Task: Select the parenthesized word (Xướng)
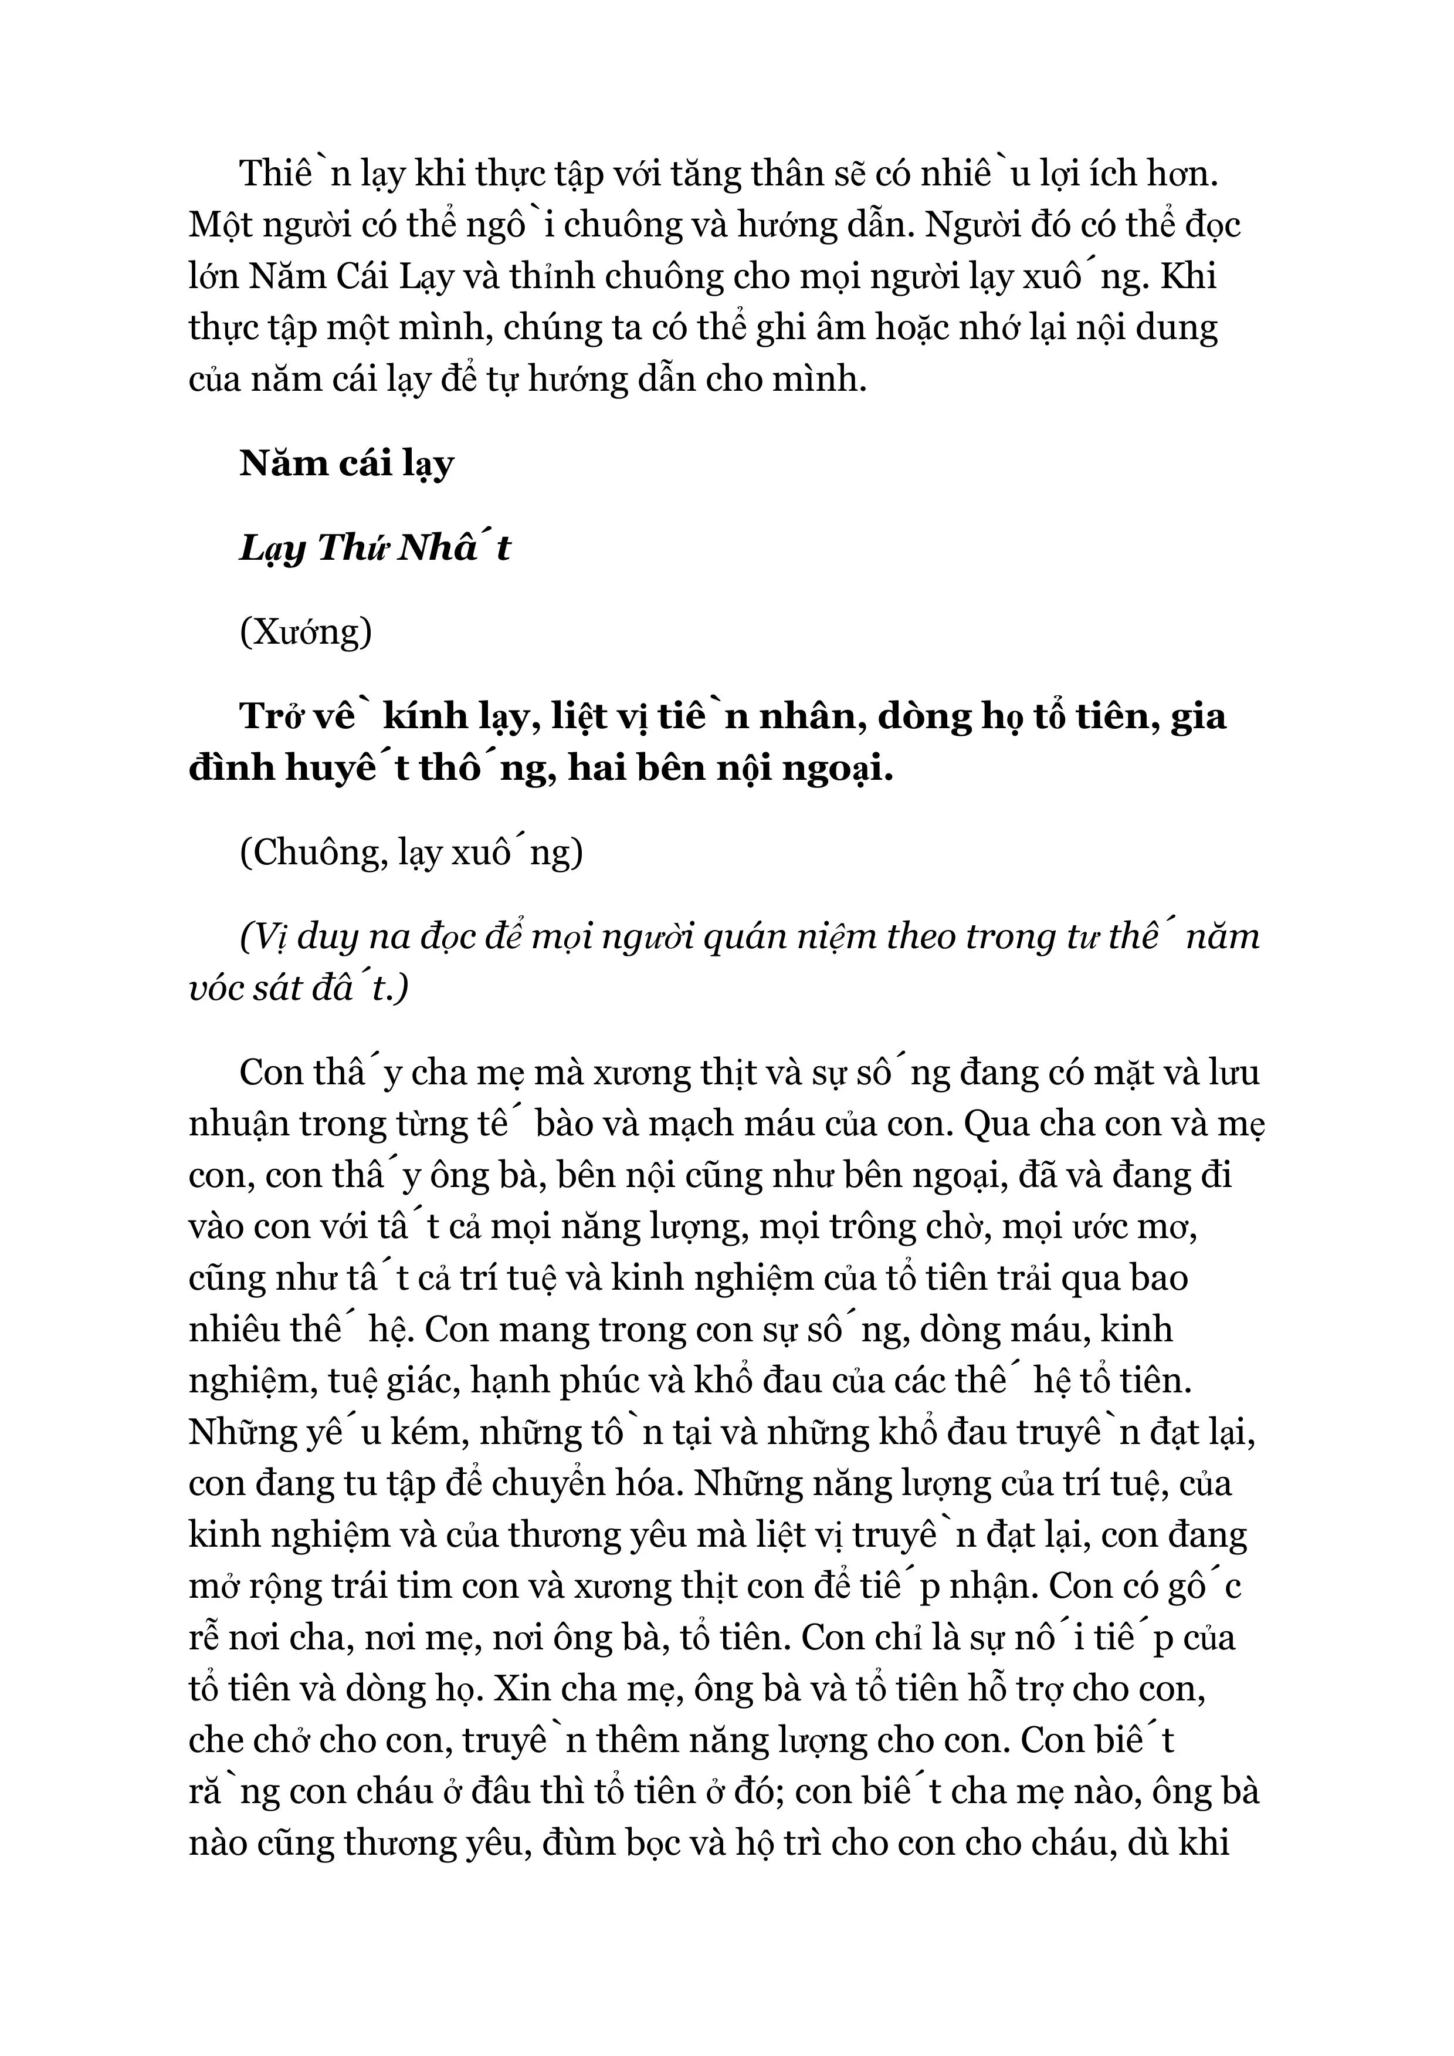click(306, 632)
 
